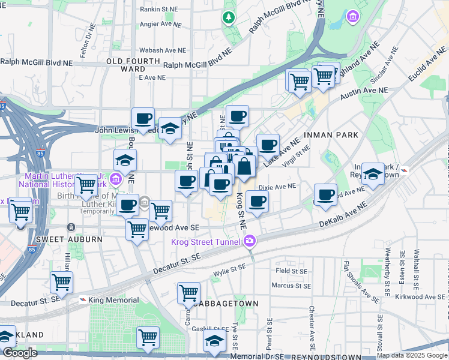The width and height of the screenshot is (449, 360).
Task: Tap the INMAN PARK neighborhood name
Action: coord(332,135)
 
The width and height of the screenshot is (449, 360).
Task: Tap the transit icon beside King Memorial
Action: coord(82,300)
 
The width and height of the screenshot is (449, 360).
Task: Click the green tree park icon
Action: coord(228,17)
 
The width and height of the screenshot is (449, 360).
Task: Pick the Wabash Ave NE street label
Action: coord(162,51)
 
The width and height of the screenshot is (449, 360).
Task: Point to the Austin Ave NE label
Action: coord(364,92)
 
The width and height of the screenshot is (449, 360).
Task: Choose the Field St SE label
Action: coord(292,271)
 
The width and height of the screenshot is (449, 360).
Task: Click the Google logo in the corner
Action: coord(19,353)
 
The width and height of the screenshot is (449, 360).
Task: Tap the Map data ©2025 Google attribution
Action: coord(411,355)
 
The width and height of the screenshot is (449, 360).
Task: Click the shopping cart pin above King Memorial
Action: coord(61,282)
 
